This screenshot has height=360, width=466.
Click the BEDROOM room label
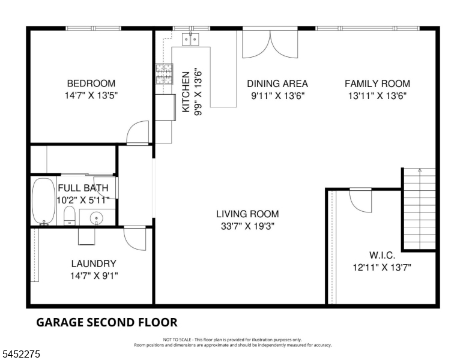click(x=91, y=83)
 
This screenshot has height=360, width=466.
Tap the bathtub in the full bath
click(x=44, y=201)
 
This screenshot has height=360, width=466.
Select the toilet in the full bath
click(x=70, y=215)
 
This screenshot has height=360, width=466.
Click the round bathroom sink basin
click(x=96, y=218)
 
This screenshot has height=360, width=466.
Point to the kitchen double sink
click(x=190, y=39)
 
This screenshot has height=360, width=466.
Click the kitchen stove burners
click(x=164, y=74)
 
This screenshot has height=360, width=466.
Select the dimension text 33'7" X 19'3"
click(x=247, y=226)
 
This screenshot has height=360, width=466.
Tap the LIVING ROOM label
click(x=247, y=214)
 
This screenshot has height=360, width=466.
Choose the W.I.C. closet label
click(x=382, y=255)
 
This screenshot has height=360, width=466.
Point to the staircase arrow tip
click(x=420, y=169)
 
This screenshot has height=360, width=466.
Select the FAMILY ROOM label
click(x=378, y=83)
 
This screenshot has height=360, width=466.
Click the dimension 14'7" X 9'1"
click(x=94, y=276)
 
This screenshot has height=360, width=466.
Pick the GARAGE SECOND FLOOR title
click(x=107, y=322)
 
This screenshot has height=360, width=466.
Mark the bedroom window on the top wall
click(x=93, y=28)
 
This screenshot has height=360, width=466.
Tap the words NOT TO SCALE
click(x=177, y=340)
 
